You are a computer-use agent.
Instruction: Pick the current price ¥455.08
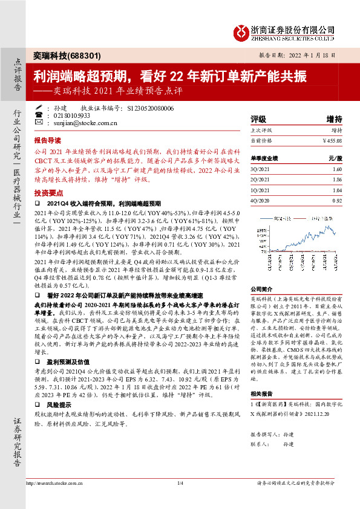[332, 140]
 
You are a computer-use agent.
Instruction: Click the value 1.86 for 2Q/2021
[336, 180]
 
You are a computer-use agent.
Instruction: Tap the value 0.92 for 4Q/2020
[336, 199]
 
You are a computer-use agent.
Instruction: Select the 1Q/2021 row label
[259, 190]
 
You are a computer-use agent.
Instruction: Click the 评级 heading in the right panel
[258, 119]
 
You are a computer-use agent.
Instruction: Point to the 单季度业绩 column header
[264, 158]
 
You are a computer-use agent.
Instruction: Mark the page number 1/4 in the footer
[179, 499]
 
